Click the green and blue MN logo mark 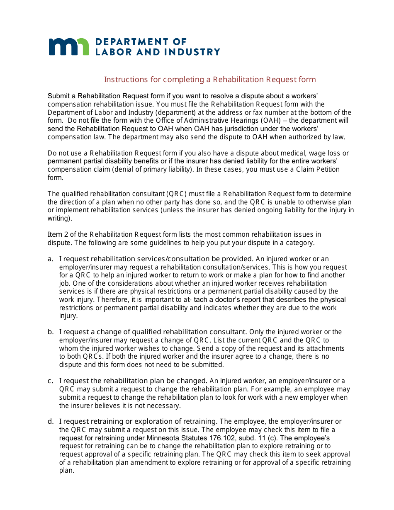click(69, 46)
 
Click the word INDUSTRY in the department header click(195, 52)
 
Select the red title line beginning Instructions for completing click(209, 80)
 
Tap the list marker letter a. click(50, 259)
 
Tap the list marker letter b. click(51, 332)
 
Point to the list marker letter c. click(50, 381)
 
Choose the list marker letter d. click(51, 421)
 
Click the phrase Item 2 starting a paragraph click(58, 235)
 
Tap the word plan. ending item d click(66, 471)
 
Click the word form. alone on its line click(56, 177)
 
